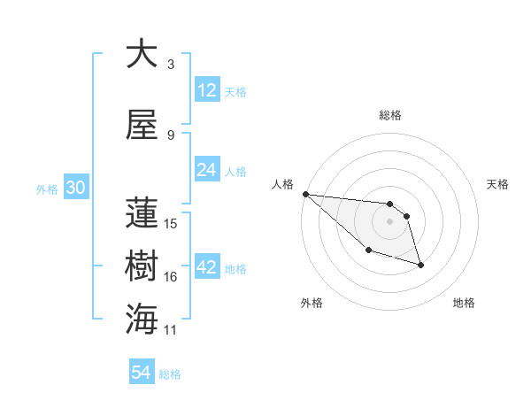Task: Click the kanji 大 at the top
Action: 142,55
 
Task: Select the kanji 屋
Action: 142,126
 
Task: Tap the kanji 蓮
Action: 142,214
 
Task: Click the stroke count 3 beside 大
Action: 171,65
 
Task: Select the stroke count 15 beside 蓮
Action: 172,224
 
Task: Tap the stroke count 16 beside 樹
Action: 172,277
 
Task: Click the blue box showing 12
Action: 206,90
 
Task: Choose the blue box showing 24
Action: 206,170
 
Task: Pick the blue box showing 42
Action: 206,267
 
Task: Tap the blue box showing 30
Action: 75,189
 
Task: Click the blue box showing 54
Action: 141,374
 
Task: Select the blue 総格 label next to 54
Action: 170,374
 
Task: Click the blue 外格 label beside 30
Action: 47,189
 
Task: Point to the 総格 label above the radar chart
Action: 389,115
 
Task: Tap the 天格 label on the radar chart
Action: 498,184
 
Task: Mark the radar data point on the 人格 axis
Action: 305,194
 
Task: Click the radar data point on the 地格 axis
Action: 420,265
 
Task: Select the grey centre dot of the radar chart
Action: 389,221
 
